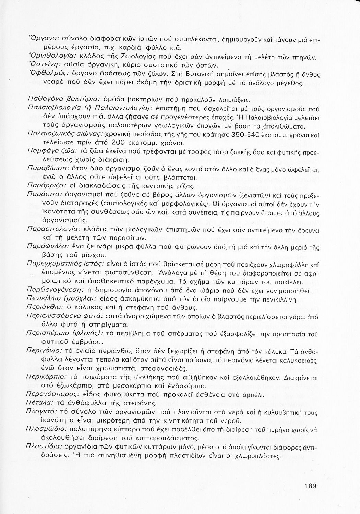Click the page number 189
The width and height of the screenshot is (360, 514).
(x=310, y=485)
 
